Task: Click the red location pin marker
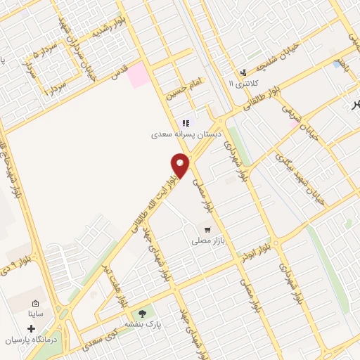tap(181, 165)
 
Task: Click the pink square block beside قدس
tap(139, 74)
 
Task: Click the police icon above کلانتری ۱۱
tap(243, 72)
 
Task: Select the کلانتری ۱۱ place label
tap(243, 84)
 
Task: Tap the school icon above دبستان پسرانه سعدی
tap(186, 122)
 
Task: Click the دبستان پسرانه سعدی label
tap(184, 133)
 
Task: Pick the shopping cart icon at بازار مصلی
tap(207, 229)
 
